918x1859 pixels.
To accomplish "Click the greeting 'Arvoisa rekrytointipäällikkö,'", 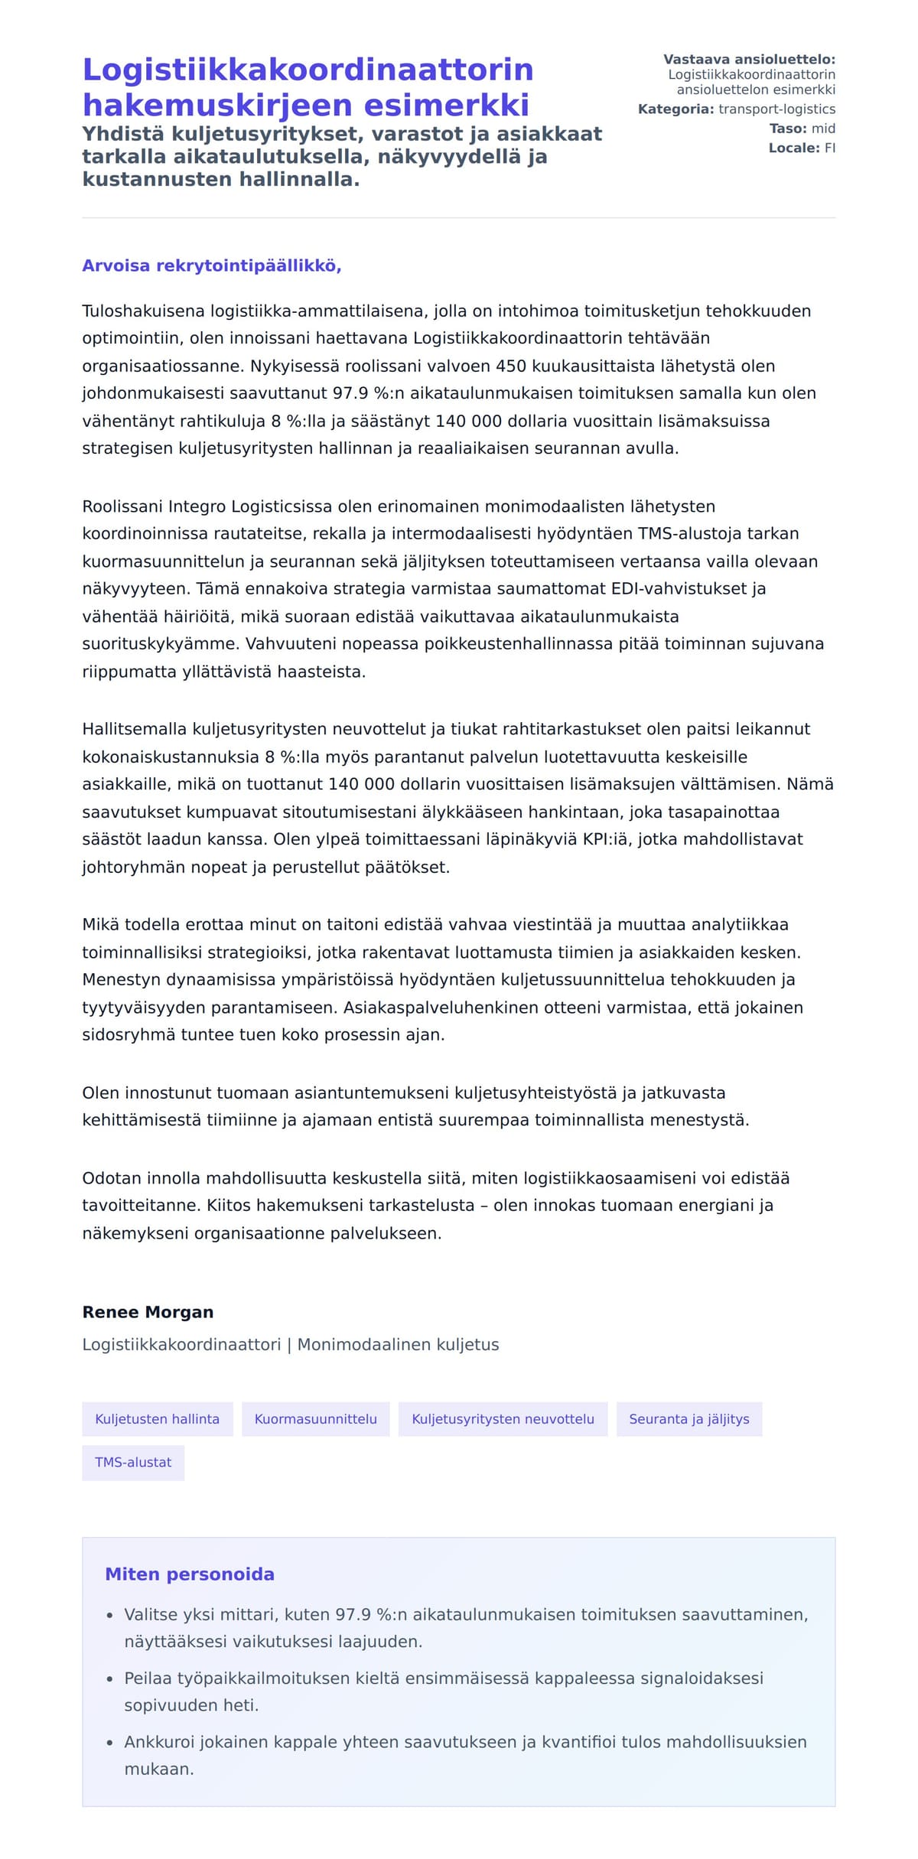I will tap(212, 266).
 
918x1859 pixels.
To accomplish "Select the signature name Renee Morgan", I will tap(148, 1312).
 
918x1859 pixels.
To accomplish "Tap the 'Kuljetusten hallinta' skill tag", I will tap(157, 1419).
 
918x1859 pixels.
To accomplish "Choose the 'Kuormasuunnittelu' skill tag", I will tap(315, 1419).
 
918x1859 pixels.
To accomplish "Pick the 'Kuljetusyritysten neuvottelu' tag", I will tap(503, 1419).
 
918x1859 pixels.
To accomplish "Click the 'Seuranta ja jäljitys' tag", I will tap(688, 1419).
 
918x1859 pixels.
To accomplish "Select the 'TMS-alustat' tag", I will tap(133, 1462).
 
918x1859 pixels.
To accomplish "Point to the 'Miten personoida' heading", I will tap(190, 1574).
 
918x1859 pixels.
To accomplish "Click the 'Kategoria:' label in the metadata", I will tap(675, 109).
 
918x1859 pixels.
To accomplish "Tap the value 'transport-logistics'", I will tap(776, 109).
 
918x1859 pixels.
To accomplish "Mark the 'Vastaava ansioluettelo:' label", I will tap(749, 60).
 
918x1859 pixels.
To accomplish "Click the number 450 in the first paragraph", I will tap(511, 366).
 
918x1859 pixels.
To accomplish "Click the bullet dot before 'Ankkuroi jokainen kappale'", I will tap(110, 1743).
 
